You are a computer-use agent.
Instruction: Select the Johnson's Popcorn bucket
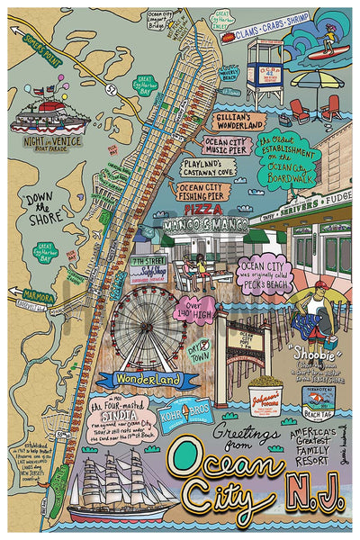[x=264, y=396]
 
